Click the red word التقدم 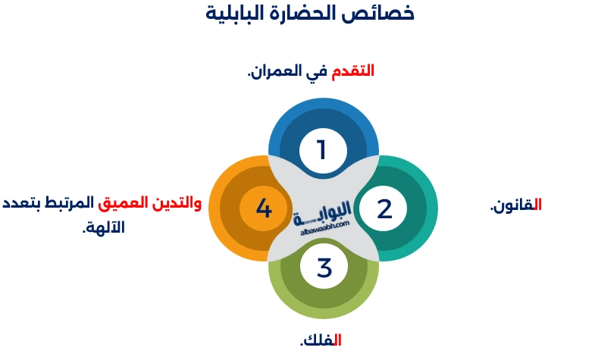point(354,71)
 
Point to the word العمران point(277,71)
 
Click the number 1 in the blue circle point(322,149)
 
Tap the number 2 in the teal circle point(384,208)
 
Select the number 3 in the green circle point(324,267)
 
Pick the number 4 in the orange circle point(263,208)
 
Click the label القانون point(516,205)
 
